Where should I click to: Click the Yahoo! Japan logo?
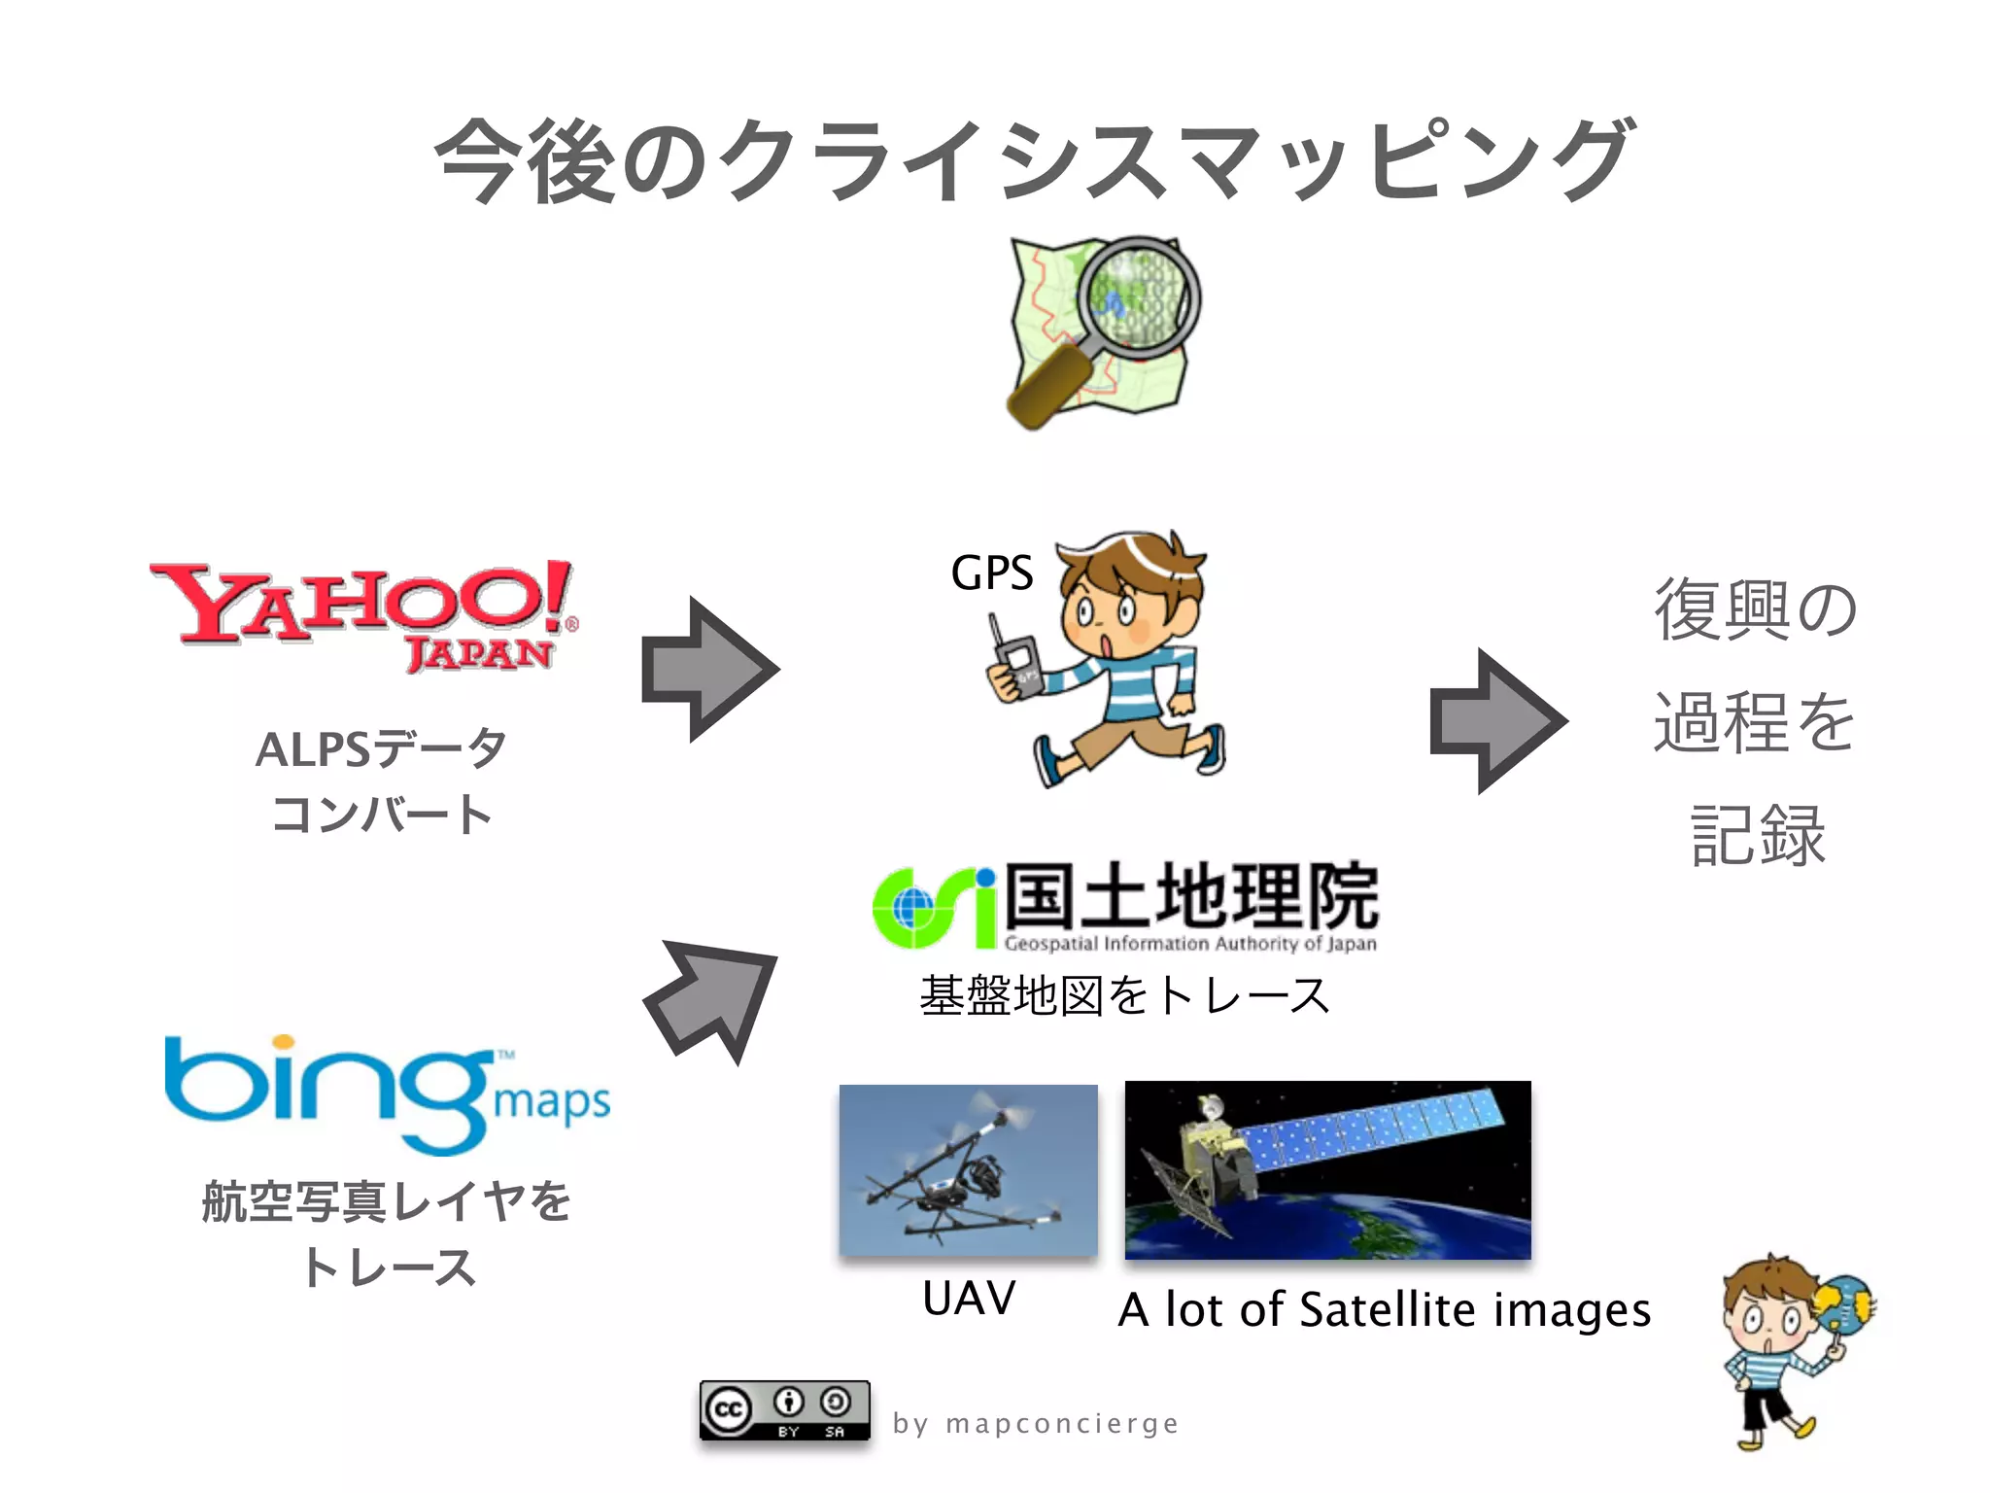[x=364, y=612]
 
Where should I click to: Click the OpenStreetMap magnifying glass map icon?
[x=1102, y=330]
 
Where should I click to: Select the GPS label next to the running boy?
[x=991, y=573]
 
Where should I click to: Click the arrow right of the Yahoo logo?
[x=710, y=669]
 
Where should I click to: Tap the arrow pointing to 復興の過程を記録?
[x=1497, y=721]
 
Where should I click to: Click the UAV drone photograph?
[x=968, y=1169]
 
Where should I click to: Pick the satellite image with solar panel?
[x=1327, y=1169]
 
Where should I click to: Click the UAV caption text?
[x=969, y=1298]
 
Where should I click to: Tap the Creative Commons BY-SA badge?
[x=784, y=1409]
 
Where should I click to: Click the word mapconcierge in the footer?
[x=1062, y=1423]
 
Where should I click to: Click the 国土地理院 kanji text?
[x=1191, y=895]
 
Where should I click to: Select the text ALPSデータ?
[x=381, y=748]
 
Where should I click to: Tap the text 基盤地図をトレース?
[x=1124, y=995]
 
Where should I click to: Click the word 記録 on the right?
[x=1758, y=835]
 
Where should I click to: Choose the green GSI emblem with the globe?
[x=934, y=908]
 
